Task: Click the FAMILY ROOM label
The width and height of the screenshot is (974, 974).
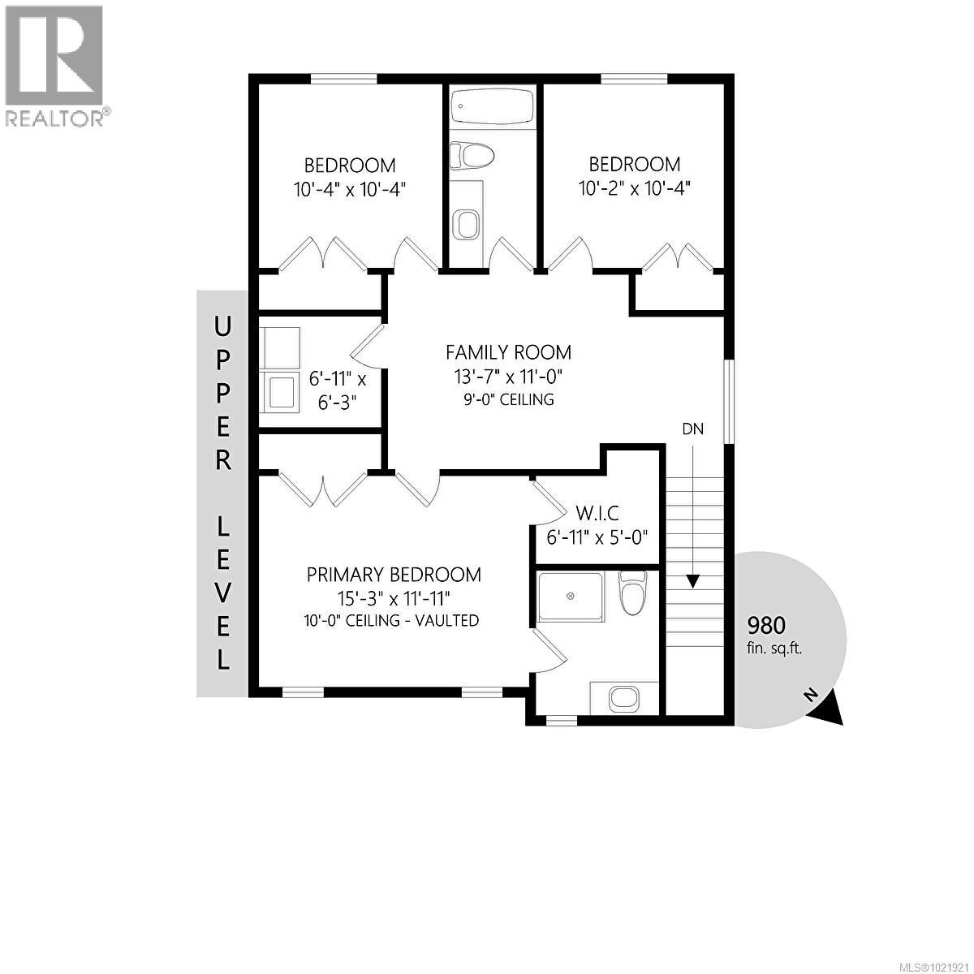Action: click(508, 352)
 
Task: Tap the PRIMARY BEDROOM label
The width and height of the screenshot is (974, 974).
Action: click(394, 575)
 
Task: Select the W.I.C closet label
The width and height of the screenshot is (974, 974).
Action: click(597, 513)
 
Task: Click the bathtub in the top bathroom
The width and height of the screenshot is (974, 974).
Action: click(493, 106)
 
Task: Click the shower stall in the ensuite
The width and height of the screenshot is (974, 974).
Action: click(571, 597)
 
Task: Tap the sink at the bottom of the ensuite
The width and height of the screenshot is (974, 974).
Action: click(623, 696)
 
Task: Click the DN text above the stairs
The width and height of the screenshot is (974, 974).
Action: click(692, 429)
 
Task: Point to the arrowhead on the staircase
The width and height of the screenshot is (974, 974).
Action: click(692, 581)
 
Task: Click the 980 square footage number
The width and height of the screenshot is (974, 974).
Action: click(766, 625)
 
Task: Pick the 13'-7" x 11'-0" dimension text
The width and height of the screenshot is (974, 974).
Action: click(508, 377)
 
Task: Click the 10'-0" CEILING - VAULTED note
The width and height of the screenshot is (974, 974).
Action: click(394, 621)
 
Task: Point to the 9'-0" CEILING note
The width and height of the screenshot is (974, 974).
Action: click(508, 399)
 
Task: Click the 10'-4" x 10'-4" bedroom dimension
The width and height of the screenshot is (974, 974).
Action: click(350, 189)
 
